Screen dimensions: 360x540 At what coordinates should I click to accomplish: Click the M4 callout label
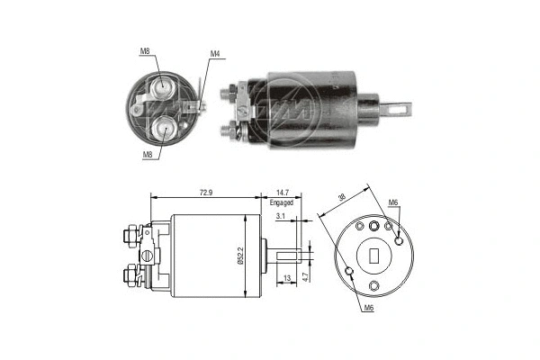pyautogui.click(x=215, y=54)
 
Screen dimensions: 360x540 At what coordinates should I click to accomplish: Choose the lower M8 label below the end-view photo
pyautogui.click(x=146, y=154)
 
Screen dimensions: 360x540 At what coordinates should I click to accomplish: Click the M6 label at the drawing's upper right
pyautogui.click(x=392, y=202)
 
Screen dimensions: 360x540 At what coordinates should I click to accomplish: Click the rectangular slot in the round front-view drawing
pyautogui.click(x=373, y=255)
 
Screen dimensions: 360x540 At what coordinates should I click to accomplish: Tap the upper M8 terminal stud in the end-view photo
pyautogui.click(x=163, y=86)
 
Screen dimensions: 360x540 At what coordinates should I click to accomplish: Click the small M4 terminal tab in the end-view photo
pyautogui.click(x=199, y=107)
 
